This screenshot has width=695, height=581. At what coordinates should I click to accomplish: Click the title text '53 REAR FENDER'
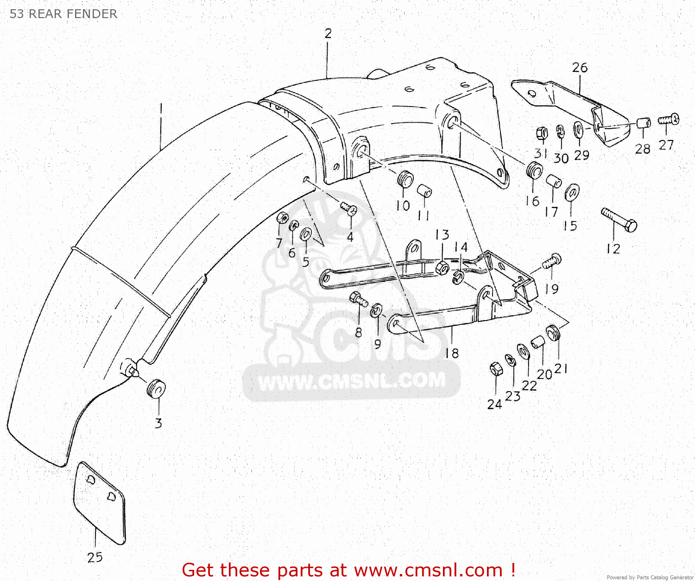(x=63, y=14)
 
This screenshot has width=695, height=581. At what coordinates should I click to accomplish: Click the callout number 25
(x=95, y=557)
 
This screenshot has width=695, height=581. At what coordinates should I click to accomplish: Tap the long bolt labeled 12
(x=619, y=220)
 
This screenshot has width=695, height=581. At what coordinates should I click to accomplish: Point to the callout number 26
(x=580, y=68)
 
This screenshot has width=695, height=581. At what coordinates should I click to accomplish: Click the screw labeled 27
(x=669, y=120)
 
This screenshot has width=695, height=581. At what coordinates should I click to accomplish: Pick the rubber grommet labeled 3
(x=156, y=388)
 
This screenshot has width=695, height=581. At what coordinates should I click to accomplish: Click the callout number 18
(x=452, y=353)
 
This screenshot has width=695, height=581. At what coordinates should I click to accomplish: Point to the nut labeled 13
(x=442, y=266)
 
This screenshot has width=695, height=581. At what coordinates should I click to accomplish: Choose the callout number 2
(x=328, y=33)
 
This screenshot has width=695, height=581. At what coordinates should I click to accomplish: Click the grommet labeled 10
(x=405, y=179)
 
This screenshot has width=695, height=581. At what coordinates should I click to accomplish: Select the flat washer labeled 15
(x=572, y=192)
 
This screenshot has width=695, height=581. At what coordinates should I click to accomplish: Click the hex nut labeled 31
(x=541, y=134)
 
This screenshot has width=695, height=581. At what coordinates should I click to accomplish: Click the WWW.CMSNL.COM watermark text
(x=352, y=381)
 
